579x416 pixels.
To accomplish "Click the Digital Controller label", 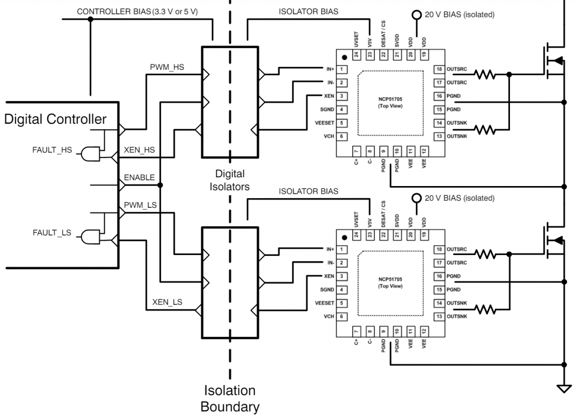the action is click(55, 119).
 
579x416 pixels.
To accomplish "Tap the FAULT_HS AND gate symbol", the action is click(91, 154).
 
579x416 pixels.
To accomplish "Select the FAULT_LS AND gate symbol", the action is click(91, 237).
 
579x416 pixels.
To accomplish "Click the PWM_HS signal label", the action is click(167, 67).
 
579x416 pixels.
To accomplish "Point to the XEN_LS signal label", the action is click(167, 302).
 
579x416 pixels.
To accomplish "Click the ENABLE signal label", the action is click(139, 177).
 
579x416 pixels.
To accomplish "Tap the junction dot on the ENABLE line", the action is click(160, 185).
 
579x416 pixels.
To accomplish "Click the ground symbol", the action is click(564, 389).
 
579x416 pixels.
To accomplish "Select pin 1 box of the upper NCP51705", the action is click(342, 69).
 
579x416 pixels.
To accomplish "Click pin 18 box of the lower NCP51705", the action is click(439, 249).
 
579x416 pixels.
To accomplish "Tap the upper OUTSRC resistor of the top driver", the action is click(484, 75).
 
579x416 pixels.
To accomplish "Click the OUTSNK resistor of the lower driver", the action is click(484, 309).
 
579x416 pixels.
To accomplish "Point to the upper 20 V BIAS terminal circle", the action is click(416, 15).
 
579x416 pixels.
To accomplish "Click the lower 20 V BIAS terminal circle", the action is click(416, 198).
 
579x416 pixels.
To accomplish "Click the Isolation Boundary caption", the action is click(230, 399).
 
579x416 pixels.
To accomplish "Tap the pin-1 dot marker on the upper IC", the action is click(345, 57).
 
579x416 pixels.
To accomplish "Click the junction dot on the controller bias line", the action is click(90, 19).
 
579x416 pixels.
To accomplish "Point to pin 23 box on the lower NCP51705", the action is click(370, 235).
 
